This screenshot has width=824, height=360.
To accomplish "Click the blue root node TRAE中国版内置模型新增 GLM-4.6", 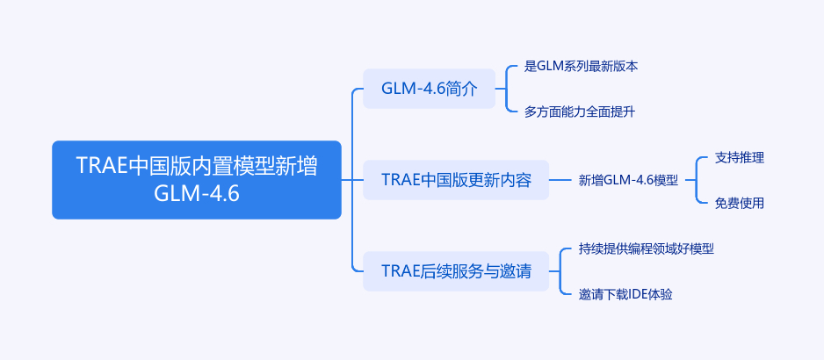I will [196, 179].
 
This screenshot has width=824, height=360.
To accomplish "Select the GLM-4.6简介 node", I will [430, 89].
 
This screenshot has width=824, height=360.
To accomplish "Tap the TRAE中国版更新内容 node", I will [456, 180].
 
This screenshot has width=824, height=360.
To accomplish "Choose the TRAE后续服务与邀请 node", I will [456, 271].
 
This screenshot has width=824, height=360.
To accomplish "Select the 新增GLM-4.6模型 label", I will [628, 180].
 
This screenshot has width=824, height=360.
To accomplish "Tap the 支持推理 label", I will [740, 158].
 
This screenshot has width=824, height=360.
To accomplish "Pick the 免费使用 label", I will [740, 203].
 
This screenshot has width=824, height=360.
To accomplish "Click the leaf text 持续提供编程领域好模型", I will [646, 248].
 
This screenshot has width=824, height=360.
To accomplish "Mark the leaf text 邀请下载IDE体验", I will [625, 294].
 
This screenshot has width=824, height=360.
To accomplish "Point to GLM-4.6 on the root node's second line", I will [196, 193].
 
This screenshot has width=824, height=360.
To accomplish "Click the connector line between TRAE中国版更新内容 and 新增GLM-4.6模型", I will [560, 180].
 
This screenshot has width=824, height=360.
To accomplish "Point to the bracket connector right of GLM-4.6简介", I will [507, 89].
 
